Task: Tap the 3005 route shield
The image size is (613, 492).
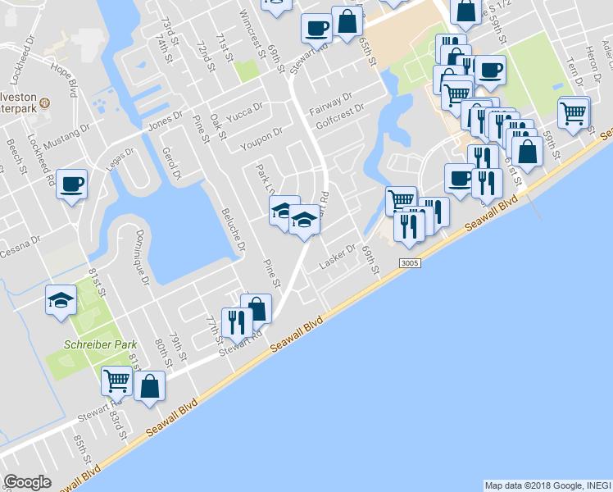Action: (x=411, y=262)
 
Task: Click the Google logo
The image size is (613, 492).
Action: (x=27, y=482)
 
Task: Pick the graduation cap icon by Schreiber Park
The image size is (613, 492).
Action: (x=61, y=300)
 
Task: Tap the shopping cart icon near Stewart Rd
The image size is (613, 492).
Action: (x=116, y=380)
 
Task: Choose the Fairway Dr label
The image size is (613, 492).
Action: (x=330, y=104)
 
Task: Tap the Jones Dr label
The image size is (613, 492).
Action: (x=164, y=125)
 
